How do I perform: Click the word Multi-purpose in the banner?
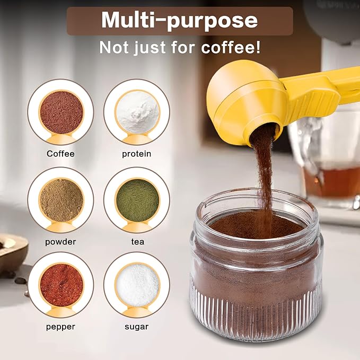coord(179,20)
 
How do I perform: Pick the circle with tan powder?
coord(60,200)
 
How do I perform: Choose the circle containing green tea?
coord(137,200)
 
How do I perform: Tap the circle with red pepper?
coord(60,285)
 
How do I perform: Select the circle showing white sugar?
coord(137,285)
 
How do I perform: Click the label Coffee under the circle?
coord(60,154)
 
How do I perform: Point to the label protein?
coord(137,154)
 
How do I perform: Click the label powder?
coord(60,242)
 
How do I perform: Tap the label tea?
coord(137,242)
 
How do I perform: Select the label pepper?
coord(60,327)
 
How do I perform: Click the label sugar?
coord(137,327)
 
